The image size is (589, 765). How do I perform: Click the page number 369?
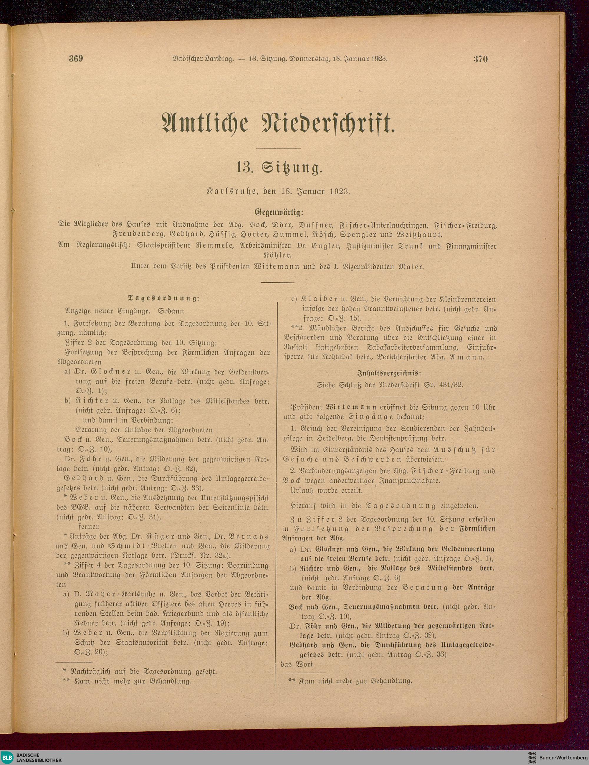coord(76,59)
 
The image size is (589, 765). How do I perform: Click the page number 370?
coord(481,59)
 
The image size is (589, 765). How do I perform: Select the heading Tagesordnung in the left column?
coord(164,299)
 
